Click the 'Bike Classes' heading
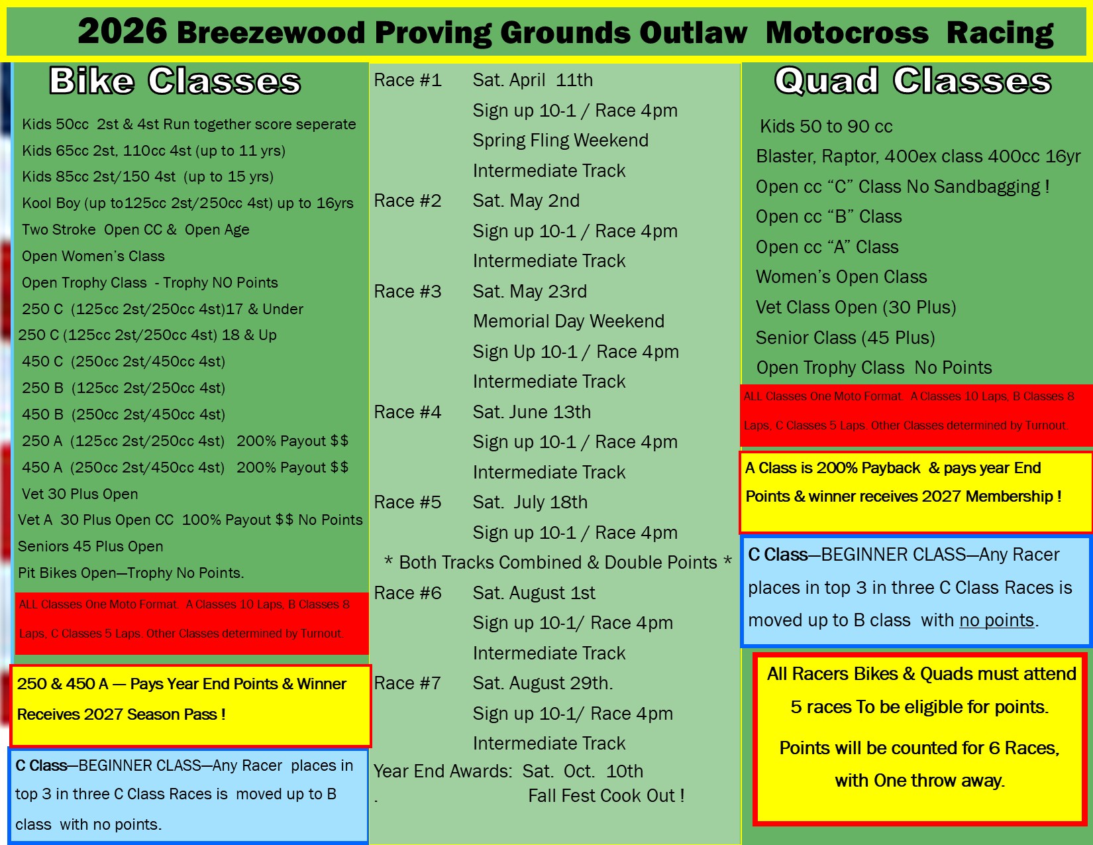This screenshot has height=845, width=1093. (174, 81)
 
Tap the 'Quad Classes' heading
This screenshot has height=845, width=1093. (913, 81)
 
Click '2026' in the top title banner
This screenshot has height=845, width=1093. (123, 31)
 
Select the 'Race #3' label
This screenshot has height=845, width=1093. (407, 292)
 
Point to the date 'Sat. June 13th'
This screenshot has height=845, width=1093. (532, 412)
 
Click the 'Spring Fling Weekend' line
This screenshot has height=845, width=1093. (560, 141)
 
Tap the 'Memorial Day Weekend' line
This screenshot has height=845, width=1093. (568, 321)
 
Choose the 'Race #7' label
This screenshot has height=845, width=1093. (407, 683)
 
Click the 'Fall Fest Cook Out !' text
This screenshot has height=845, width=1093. (606, 796)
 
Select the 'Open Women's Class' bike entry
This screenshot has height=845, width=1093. (93, 256)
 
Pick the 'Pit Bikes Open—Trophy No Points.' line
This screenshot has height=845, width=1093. (130, 573)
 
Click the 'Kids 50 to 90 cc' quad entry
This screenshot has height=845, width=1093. (826, 127)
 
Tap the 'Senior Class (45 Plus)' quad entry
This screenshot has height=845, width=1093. (845, 338)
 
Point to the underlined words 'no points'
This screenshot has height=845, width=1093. (996, 620)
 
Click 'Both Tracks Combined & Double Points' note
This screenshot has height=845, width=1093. (558, 563)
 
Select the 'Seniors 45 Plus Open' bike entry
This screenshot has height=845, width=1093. (91, 547)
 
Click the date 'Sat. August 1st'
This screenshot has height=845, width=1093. (534, 593)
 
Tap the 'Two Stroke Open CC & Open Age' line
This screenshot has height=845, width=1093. (135, 229)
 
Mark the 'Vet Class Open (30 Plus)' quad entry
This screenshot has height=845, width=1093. (856, 308)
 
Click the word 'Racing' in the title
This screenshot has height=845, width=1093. (1000, 32)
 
